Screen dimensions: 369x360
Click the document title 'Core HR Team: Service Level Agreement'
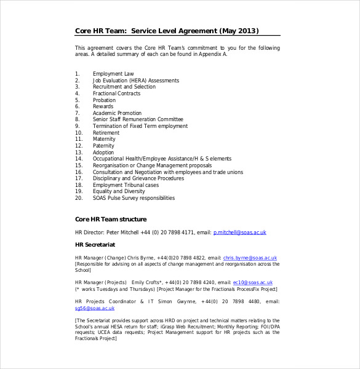(x=167, y=31)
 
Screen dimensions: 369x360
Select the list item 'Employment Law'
(x=113, y=74)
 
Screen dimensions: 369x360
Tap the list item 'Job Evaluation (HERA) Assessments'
(x=135, y=81)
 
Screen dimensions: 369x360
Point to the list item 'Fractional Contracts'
(x=117, y=93)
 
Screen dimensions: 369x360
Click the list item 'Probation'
(x=104, y=100)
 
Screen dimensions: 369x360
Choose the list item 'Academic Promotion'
(x=117, y=113)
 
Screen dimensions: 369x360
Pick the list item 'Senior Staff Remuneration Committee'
(x=138, y=119)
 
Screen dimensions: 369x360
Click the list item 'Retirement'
(x=106, y=133)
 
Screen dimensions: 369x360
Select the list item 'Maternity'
(x=104, y=139)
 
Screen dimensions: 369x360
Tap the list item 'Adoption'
(x=103, y=153)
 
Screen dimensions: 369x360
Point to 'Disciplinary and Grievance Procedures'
(x=138, y=178)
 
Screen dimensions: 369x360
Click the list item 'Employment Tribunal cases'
(x=126, y=185)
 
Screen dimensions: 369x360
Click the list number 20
(x=78, y=198)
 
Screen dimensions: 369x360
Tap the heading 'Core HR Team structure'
(x=111, y=219)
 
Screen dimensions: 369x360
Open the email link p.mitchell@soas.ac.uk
(x=239, y=232)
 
